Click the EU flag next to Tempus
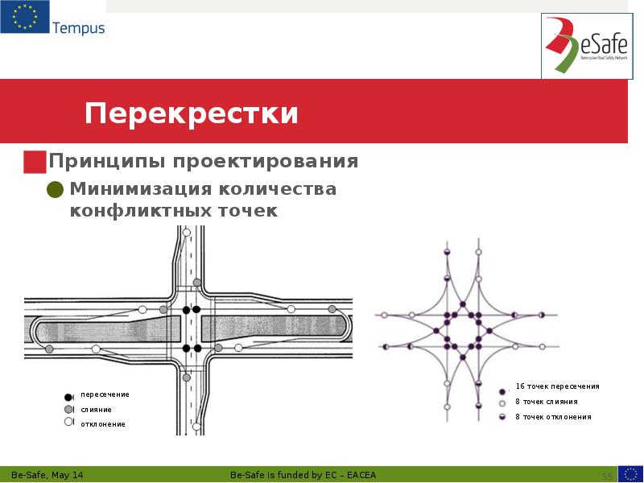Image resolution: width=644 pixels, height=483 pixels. tap(24, 17)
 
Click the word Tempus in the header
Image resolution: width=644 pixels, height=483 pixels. tap(78, 29)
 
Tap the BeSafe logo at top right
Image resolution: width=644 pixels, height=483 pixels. tap(585, 46)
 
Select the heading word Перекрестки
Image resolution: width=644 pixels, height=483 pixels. tap(192, 114)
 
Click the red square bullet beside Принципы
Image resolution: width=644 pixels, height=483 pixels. tap(35, 162)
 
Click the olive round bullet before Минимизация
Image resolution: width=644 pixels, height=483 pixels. tap(56, 190)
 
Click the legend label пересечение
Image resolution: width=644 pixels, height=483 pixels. tap(105, 394)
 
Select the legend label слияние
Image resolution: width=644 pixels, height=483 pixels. tap(96, 409)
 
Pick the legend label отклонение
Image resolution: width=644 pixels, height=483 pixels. tap(102, 423)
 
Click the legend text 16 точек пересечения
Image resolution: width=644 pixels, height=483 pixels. tap(557, 386)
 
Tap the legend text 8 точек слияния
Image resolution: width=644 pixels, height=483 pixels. tap(546, 402)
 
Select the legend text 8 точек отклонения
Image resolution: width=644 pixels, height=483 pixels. tap(552, 417)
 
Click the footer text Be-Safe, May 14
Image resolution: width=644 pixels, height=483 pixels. tap(47, 474)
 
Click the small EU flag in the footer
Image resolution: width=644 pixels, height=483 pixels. tap(630, 474)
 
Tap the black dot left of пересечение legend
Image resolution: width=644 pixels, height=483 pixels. tap(68, 396)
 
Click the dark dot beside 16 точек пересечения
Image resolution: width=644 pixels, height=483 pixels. tap(502, 390)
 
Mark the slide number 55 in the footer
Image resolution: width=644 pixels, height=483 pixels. tap(608, 475)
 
